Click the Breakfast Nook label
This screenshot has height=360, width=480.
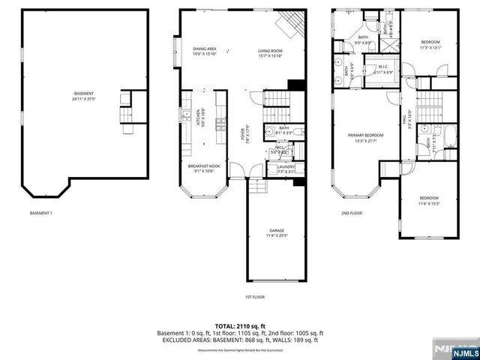pyautogui.click(x=203, y=168)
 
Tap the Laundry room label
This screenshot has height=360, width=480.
pyautogui.click(x=286, y=169)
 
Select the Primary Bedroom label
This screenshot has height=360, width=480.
pyautogui.click(x=364, y=138)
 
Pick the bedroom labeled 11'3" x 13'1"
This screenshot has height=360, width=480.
pyautogui.click(x=430, y=44)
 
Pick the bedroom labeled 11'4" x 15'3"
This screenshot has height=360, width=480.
pyautogui.click(x=430, y=201)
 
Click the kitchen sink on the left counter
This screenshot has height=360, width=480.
pyautogui.click(x=184, y=116)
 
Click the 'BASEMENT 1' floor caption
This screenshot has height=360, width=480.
pyautogui.click(x=41, y=214)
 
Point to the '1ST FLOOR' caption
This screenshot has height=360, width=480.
pyautogui.click(x=255, y=296)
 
